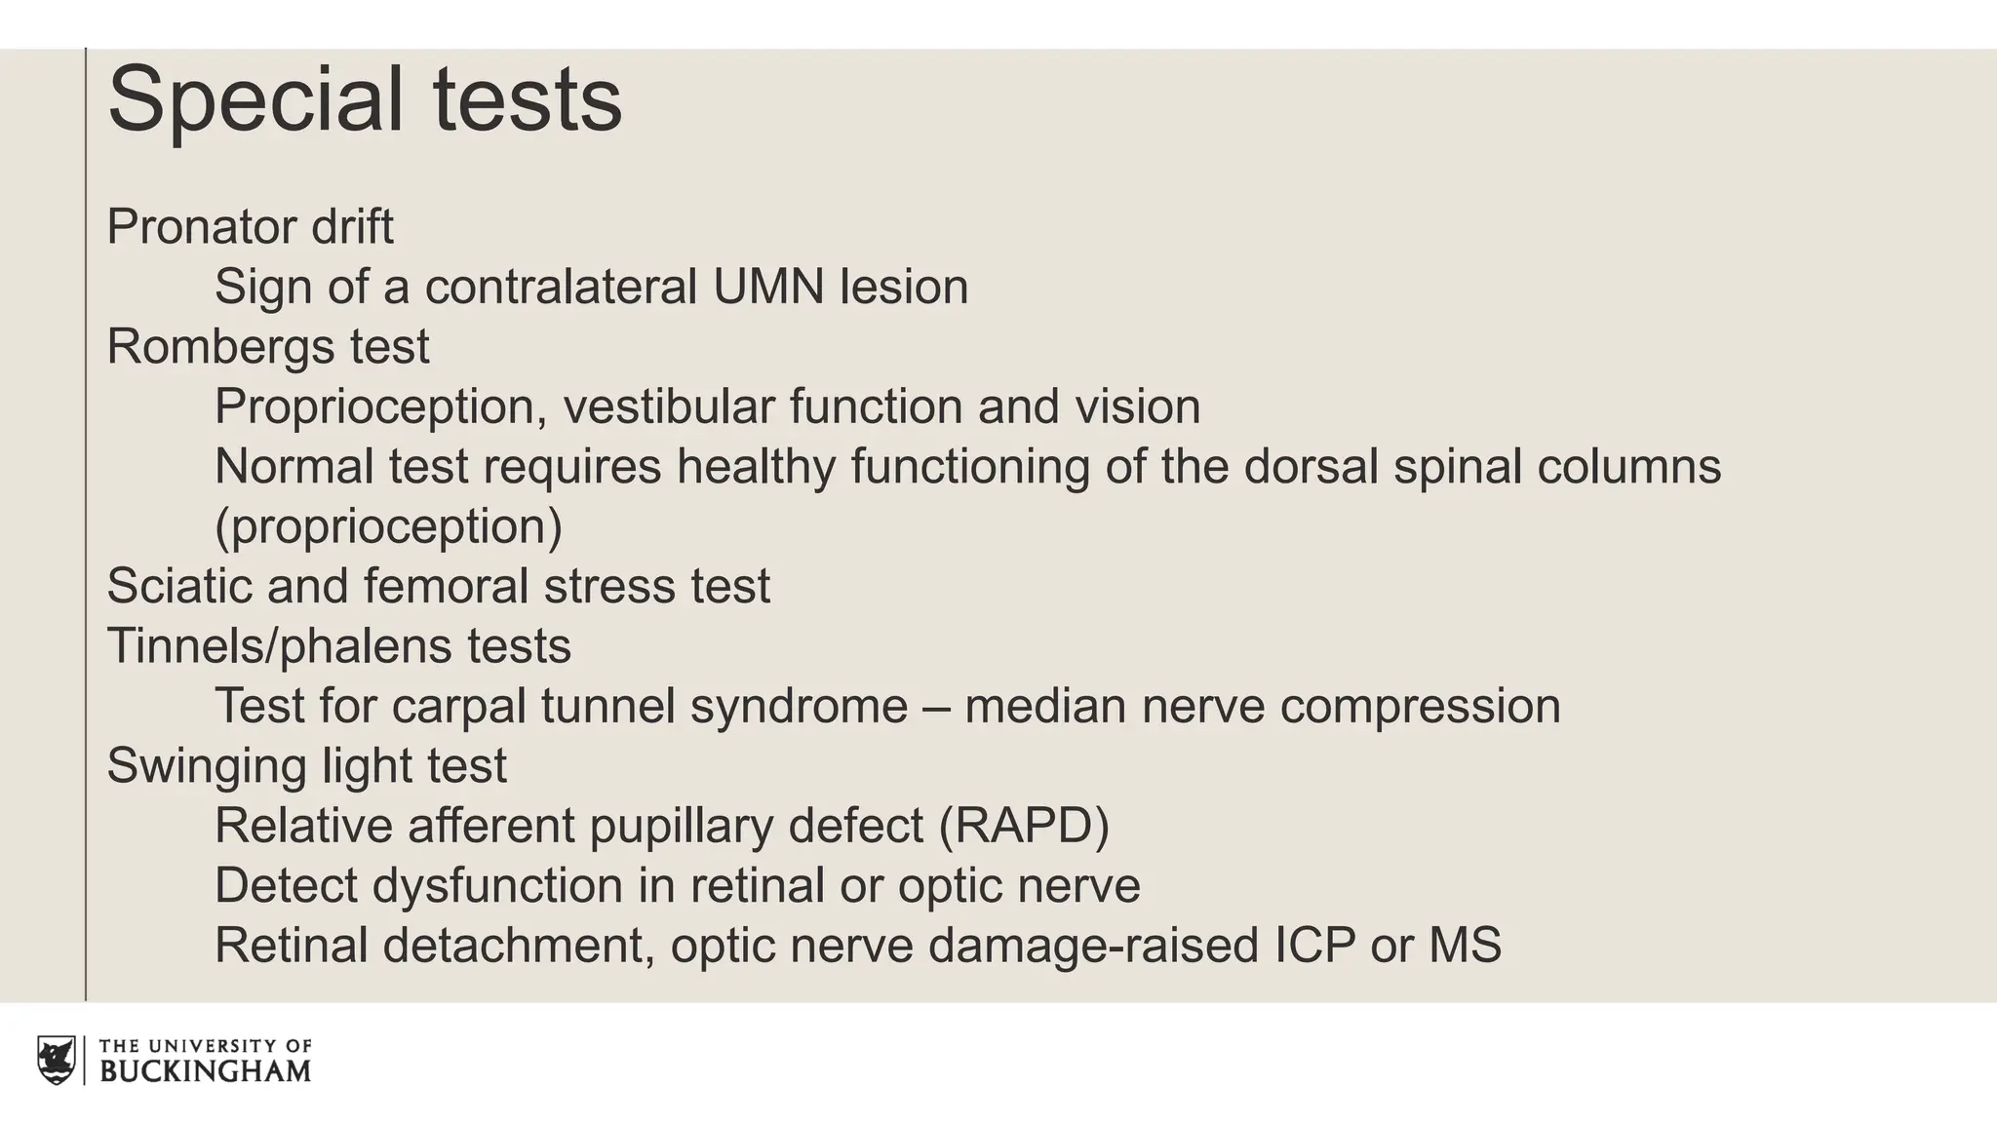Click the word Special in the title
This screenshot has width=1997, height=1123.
point(255,100)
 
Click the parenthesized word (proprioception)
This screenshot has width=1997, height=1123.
point(388,526)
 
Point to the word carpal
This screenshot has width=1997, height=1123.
point(458,706)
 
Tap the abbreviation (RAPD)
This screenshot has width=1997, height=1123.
point(1024,826)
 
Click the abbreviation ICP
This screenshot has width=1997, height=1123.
point(1314,945)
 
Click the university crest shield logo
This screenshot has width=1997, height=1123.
point(57,1060)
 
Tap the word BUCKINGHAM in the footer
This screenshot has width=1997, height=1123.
point(206,1070)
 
